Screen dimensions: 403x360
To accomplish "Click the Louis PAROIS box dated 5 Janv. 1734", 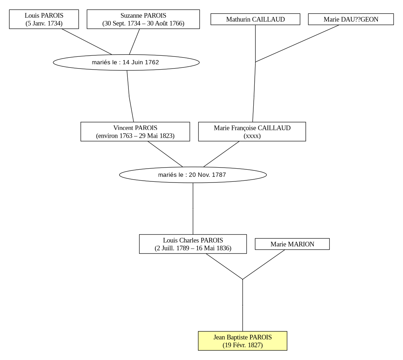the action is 44,19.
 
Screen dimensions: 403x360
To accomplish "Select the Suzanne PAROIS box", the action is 143,19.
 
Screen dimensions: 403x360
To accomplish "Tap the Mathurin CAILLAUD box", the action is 255,19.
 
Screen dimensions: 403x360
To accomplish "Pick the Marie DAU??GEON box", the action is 351,19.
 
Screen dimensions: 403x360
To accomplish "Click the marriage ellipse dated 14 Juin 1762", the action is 126,62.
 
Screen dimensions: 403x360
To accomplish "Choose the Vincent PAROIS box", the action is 135,132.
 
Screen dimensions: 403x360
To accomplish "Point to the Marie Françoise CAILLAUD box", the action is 252,132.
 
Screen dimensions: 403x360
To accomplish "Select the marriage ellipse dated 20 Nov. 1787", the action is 193,175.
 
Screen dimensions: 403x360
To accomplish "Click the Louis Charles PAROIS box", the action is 193,244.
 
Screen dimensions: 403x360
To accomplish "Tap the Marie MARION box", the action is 292,244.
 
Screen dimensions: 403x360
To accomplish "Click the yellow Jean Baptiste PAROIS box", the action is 243,341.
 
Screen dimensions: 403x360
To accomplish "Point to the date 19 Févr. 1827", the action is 243,345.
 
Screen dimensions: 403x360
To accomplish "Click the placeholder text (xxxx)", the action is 252,136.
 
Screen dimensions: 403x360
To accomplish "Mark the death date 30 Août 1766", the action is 166,23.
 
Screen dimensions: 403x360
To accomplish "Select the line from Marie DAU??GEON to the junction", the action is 297,43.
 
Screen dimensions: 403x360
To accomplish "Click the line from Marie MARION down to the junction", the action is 264,264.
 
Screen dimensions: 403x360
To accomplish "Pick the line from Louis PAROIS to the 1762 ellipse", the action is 87,42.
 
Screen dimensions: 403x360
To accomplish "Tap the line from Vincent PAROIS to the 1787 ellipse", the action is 165,154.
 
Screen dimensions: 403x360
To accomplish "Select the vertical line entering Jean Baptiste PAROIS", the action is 243,305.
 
